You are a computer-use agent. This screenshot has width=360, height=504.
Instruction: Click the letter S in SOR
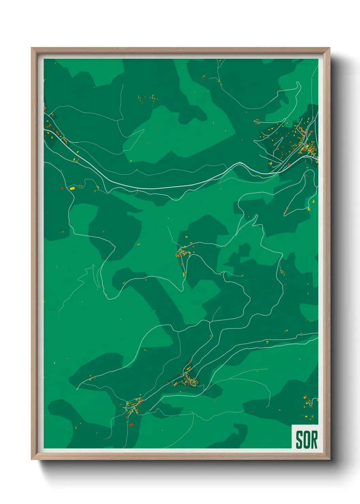pyautogui.click(x=299, y=440)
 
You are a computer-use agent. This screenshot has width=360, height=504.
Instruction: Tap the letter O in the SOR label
pyautogui.click(x=306, y=440)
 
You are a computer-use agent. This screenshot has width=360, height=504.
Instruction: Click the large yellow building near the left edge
pyautogui.click(x=72, y=188)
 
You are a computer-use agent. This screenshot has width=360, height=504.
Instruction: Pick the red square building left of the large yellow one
pyautogui.click(x=62, y=188)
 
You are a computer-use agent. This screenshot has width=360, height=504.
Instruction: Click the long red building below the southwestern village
pyautogui.click(x=131, y=424)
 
